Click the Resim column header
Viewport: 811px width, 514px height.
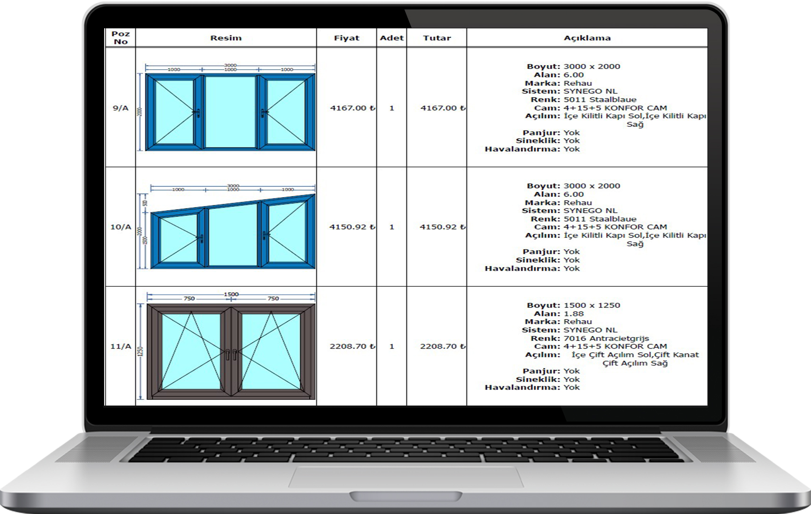pyautogui.click(x=226, y=38)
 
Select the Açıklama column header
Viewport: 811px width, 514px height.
pyautogui.click(x=587, y=38)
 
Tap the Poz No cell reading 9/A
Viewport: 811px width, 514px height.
pyautogui.click(x=120, y=108)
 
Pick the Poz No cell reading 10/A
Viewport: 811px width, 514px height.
pyautogui.click(x=120, y=227)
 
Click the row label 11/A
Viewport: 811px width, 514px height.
pyautogui.click(x=120, y=346)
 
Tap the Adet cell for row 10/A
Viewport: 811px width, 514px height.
pyautogui.click(x=391, y=227)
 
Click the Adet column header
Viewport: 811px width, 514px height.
pyautogui.click(x=391, y=38)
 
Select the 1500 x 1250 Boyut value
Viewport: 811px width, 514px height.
pyautogui.click(x=592, y=305)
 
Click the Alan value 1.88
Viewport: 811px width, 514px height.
pyautogui.click(x=573, y=314)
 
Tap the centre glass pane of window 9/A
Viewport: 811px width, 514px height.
pyautogui.click(x=231, y=112)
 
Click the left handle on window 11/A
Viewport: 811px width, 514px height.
pyautogui.click(x=227, y=354)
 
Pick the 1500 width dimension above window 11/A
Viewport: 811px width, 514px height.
pyautogui.click(x=231, y=294)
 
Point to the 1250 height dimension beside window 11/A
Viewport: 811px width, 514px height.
pyautogui.click(x=140, y=352)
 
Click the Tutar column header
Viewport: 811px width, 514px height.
pyautogui.click(x=437, y=38)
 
